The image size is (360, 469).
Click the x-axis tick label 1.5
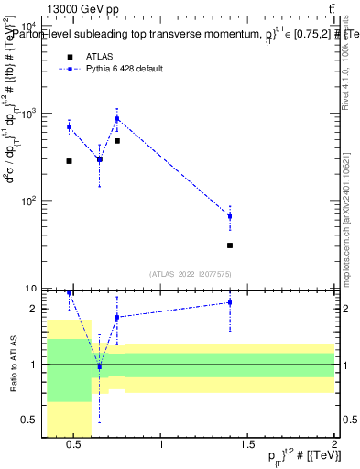coord(247,445)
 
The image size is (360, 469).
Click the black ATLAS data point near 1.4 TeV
coord(230,245)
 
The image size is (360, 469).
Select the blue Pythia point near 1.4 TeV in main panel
coord(230,216)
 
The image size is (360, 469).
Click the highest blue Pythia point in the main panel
coord(117,118)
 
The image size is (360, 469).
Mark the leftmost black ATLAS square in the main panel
coord(69,161)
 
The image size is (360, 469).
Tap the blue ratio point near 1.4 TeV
coord(230,302)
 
